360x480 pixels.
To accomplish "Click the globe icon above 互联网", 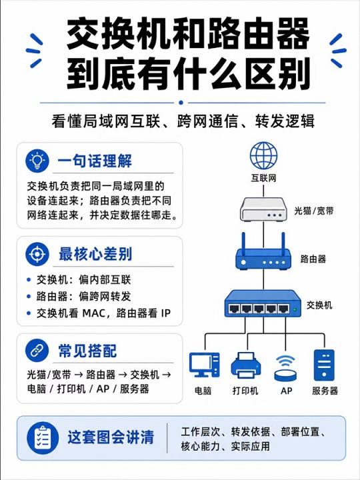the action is (263, 155).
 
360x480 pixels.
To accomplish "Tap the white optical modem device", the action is (263, 209).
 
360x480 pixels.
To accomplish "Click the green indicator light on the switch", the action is (295, 309).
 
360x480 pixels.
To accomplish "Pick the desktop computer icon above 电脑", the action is (205, 365).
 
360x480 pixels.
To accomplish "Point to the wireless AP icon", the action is (285, 368).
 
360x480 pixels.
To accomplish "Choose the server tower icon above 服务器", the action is (324, 365).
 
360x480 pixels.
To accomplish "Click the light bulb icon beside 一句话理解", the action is (37, 161).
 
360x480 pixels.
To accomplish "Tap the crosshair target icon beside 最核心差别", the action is (37, 254).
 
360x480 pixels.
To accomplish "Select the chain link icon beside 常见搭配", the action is (37, 351).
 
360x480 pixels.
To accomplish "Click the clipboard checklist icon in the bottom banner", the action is (43, 437).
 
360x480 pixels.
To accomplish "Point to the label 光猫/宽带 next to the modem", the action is (314, 211).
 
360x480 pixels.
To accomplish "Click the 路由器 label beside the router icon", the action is (313, 259).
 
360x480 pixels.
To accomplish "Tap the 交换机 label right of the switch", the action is (319, 305).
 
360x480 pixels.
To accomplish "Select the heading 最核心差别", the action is (95, 254).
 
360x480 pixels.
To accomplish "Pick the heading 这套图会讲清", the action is (111, 437).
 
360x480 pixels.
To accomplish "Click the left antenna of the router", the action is (244, 244).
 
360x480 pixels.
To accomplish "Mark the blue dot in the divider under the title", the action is (181, 103).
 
